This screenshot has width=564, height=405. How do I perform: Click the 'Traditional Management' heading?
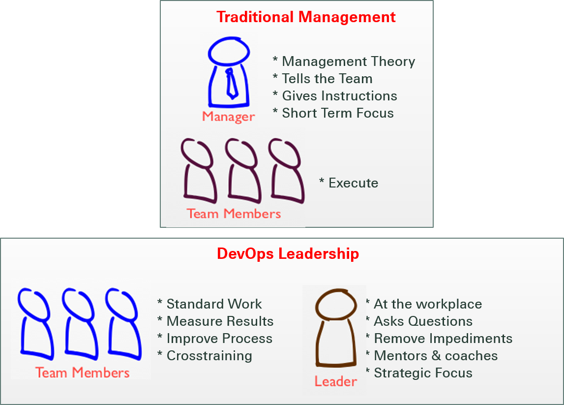(306, 17)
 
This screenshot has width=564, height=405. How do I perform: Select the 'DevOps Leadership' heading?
(288, 254)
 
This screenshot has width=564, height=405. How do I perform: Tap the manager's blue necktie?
(231, 84)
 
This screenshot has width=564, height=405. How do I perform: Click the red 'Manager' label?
(229, 117)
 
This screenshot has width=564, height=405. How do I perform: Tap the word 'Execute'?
(353, 183)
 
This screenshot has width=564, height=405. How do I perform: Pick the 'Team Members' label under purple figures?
(234, 214)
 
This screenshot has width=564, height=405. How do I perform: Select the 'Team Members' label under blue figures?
(83, 373)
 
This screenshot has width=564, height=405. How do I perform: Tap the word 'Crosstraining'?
(209, 356)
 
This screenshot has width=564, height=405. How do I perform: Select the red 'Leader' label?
(335, 381)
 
